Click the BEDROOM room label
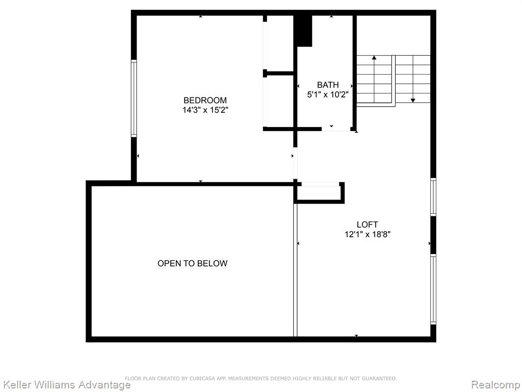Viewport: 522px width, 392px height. pyautogui.click(x=205, y=101)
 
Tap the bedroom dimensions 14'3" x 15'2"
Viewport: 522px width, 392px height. pyautogui.click(x=205, y=110)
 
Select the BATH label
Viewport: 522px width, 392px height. pyautogui.click(x=328, y=85)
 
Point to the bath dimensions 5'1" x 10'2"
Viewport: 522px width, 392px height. pyautogui.click(x=328, y=94)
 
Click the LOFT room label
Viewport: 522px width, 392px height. pyautogui.click(x=367, y=225)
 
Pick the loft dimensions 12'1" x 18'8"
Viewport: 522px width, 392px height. pyautogui.click(x=367, y=234)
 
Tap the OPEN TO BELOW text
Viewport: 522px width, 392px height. pyautogui.click(x=192, y=263)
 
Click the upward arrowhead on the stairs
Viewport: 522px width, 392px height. pyautogui.click(x=374, y=58)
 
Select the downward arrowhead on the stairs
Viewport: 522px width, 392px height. pyautogui.click(x=413, y=101)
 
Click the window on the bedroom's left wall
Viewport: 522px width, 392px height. pyautogui.click(x=134, y=99)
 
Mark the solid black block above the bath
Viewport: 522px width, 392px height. pyautogui.click(x=304, y=31)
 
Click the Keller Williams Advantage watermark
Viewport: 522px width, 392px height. pyautogui.click(x=66, y=385)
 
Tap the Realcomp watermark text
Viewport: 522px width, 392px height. pyautogui.click(x=495, y=385)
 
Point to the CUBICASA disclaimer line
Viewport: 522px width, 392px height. pyautogui.click(x=260, y=378)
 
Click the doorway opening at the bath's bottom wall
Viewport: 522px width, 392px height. pyautogui.click(x=336, y=129)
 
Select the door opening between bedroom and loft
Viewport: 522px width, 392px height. pyautogui.click(x=295, y=163)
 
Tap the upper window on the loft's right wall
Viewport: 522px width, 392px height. pyautogui.click(x=433, y=197)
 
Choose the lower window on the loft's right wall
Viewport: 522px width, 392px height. pyautogui.click(x=433, y=289)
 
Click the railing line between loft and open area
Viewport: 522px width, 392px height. pyautogui.click(x=295, y=270)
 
